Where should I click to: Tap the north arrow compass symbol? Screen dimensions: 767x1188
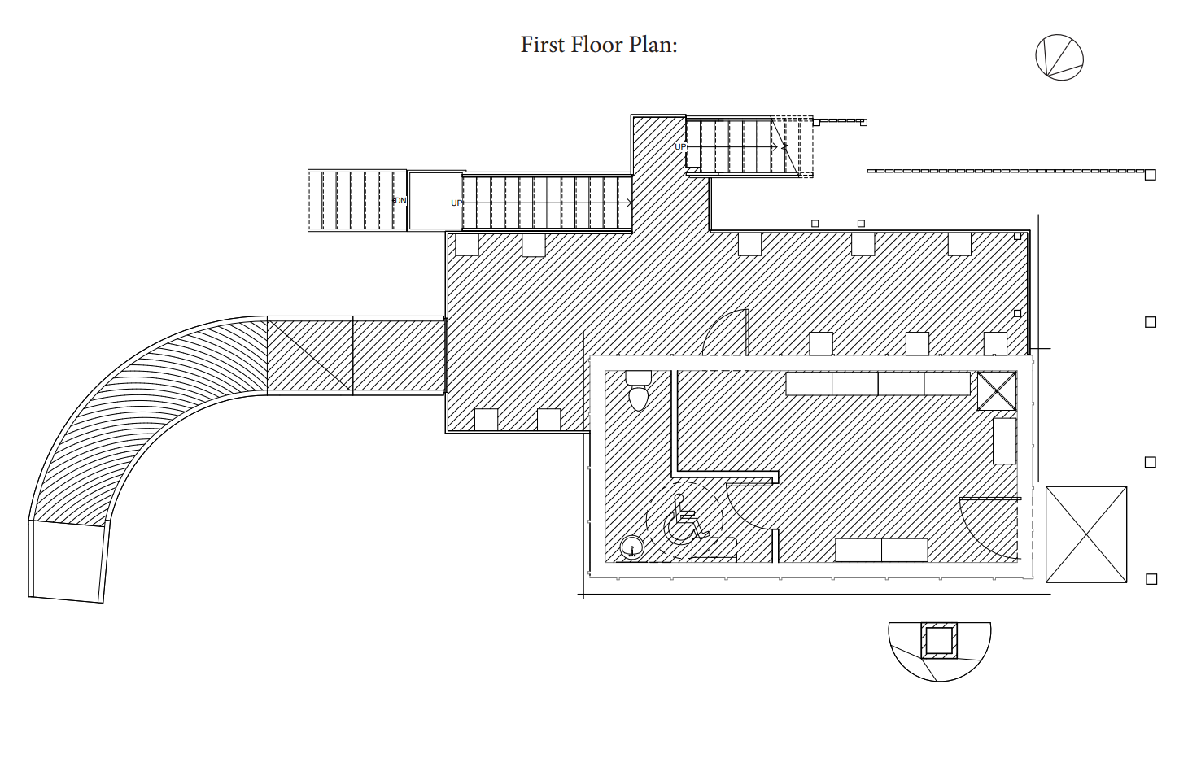coord(1059,58)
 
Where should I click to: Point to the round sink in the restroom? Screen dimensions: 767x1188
coord(631,549)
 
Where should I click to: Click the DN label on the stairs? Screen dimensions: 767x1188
coord(400,201)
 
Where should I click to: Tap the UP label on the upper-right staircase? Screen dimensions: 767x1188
coord(680,147)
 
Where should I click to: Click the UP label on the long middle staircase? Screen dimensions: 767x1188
coord(456,203)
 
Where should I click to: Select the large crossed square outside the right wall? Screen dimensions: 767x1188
coord(1085,534)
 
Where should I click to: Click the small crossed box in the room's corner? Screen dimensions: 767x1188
coord(997,391)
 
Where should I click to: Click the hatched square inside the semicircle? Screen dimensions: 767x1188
coord(939,641)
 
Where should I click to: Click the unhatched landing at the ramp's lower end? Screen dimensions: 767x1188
coord(68,561)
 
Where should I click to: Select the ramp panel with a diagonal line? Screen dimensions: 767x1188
coord(310,356)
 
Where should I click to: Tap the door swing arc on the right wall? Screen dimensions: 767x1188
coord(987,529)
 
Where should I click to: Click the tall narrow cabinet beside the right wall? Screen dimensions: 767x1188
coord(1004,441)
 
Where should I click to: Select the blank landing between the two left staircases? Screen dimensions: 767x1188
coord(435,201)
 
